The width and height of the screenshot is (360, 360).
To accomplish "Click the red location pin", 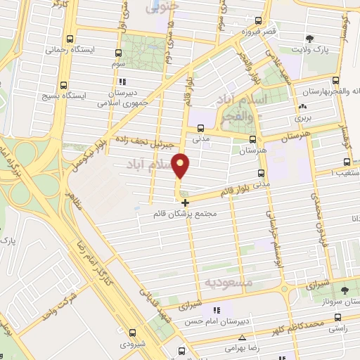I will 181,165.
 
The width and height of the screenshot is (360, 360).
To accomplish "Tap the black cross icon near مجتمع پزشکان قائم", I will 186,202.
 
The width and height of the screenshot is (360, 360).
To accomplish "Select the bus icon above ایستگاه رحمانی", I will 69,39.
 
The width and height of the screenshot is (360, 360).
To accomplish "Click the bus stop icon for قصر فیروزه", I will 259,21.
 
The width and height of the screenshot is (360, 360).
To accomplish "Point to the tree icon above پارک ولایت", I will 314,39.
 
